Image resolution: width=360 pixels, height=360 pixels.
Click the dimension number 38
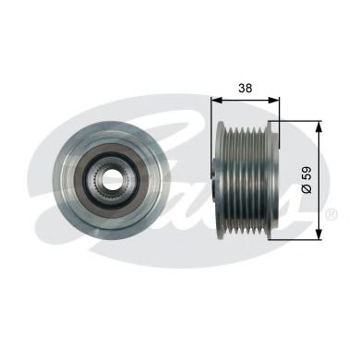click(x=246, y=88)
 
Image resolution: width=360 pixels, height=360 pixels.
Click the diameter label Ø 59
click(x=306, y=180)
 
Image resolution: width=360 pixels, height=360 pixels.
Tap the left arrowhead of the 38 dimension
click(x=217, y=100)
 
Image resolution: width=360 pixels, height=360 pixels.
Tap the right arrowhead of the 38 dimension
click(x=274, y=100)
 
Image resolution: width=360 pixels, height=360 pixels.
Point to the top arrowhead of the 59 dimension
click(x=318, y=126)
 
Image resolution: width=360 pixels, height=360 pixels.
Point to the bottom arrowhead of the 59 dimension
click(x=318, y=234)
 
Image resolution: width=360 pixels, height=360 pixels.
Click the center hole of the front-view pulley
click(x=111, y=178)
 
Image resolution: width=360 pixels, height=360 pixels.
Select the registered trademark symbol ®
click(x=331, y=214)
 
